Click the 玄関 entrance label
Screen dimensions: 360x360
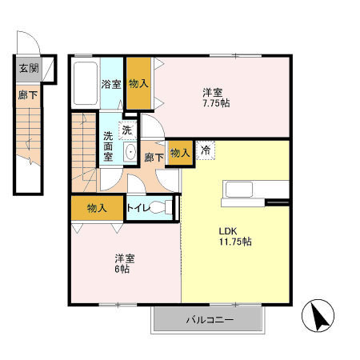coord(28,68)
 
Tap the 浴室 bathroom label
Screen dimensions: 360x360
coord(110,83)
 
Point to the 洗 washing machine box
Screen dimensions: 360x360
coord(126,129)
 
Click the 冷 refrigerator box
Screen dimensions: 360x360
coord(206,150)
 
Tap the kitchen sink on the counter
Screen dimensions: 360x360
coord(239,189)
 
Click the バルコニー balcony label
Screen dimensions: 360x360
coord(209,320)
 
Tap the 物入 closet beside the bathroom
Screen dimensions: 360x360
coord(138,83)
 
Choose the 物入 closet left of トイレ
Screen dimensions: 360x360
coord(96,207)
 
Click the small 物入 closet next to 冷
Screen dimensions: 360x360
coord(181,152)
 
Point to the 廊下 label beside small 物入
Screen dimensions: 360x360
coord(154,158)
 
